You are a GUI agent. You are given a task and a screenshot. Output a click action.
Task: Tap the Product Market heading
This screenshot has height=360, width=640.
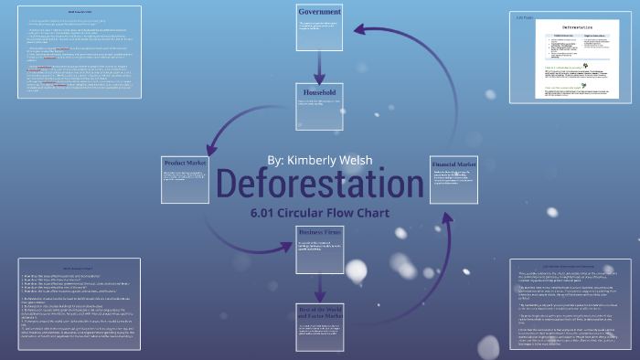pyautogui.click(x=187, y=163)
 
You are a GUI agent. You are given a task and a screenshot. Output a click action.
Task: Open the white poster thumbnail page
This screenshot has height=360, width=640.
pyautogui.click(x=570, y=59)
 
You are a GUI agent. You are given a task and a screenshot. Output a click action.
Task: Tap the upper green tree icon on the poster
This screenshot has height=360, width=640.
pyautogui.click(x=551, y=69)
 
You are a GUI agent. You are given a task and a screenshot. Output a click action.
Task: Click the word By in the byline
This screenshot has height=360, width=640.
pyautogui.click(x=276, y=159)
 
